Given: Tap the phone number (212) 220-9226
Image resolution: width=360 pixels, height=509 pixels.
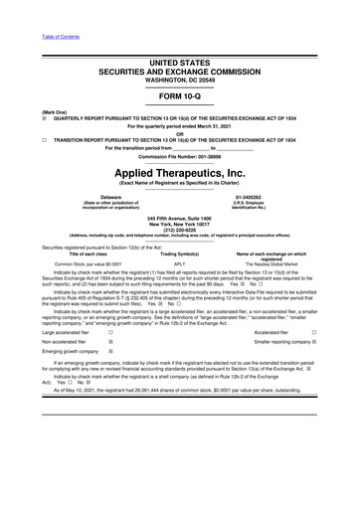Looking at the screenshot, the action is tap(180, 248).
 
